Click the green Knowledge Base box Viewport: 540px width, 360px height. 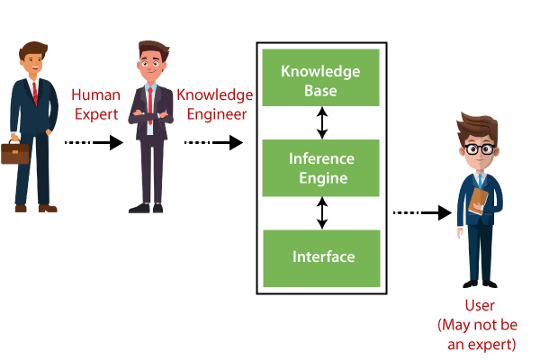coord(320,79)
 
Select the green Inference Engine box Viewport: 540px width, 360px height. coord(320,167)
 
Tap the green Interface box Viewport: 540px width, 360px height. coord(320,256)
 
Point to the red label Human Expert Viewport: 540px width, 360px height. coord(94,104)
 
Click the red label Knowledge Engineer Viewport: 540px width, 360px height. coord(215,104)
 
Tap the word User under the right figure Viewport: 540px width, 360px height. coord(479,306)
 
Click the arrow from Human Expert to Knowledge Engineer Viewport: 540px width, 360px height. coord(94,142)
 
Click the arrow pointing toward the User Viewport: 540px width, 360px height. coord(423,213)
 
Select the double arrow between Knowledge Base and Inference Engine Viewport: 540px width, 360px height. coord(321,123)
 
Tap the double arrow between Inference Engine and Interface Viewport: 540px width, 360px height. coord(321,213)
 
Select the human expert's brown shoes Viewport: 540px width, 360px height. coord(36,208)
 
